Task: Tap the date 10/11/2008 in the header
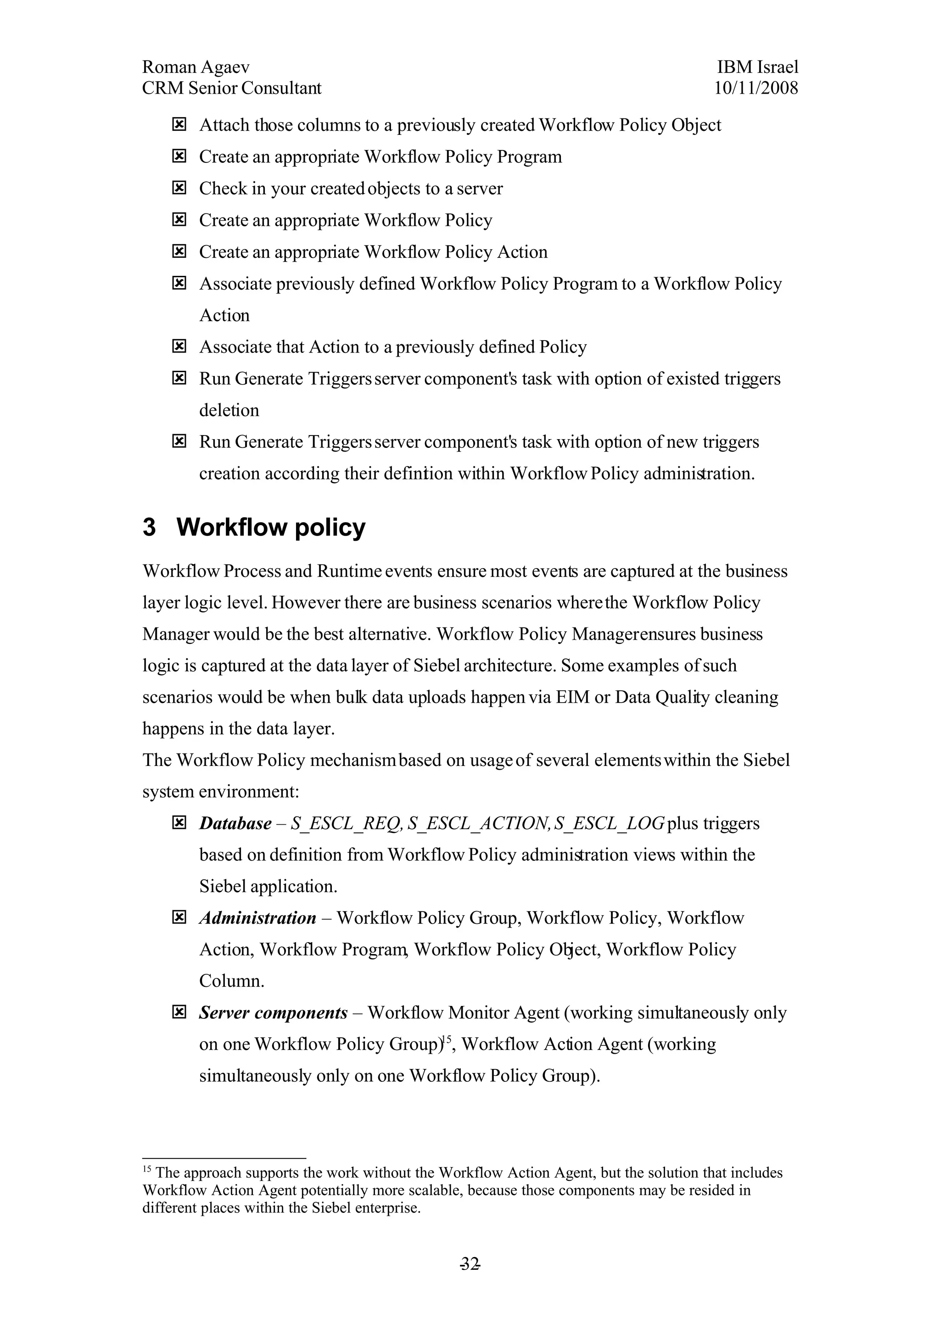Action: pos(756,88)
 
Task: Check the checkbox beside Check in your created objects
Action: pos(179,188)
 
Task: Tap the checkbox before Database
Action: pos(179,822)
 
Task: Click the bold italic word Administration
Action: pos(258,917)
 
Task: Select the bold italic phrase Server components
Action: pos(273,1012)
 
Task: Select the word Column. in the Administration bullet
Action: pos(232,981)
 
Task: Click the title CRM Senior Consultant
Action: pos(232,88)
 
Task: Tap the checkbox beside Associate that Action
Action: pos(179,346)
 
